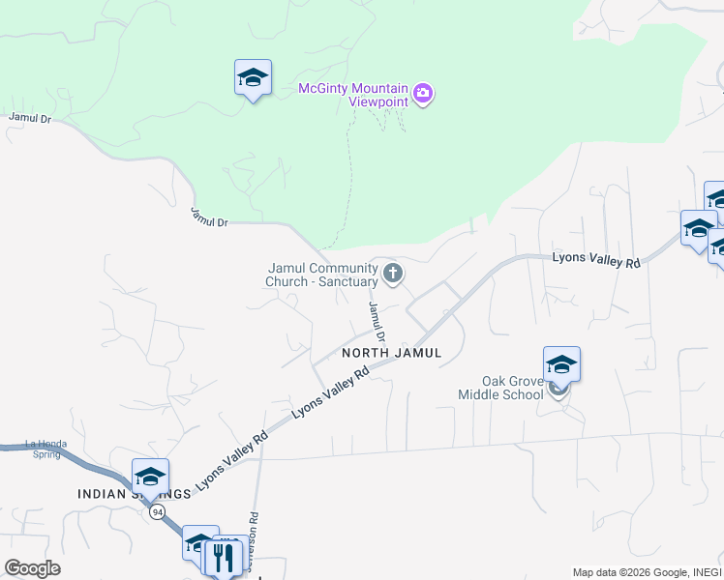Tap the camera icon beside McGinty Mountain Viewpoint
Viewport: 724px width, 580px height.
[423, 94]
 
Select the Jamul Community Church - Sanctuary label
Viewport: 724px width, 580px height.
[321, 275]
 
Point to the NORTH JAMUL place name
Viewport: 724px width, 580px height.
[391, 354]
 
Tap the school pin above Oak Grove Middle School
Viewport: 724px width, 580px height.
[561, 365]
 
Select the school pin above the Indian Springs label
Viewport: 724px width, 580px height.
[150, 477]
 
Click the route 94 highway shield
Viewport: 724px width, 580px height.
[157, 512]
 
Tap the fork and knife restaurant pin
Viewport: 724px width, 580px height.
[223, 557]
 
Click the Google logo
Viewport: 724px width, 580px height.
[32, 568]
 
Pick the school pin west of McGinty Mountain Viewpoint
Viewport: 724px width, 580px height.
[253, 78]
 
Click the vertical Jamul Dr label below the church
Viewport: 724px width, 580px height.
[377, 323]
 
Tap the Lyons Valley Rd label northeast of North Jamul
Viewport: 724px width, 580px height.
[596, 260]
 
